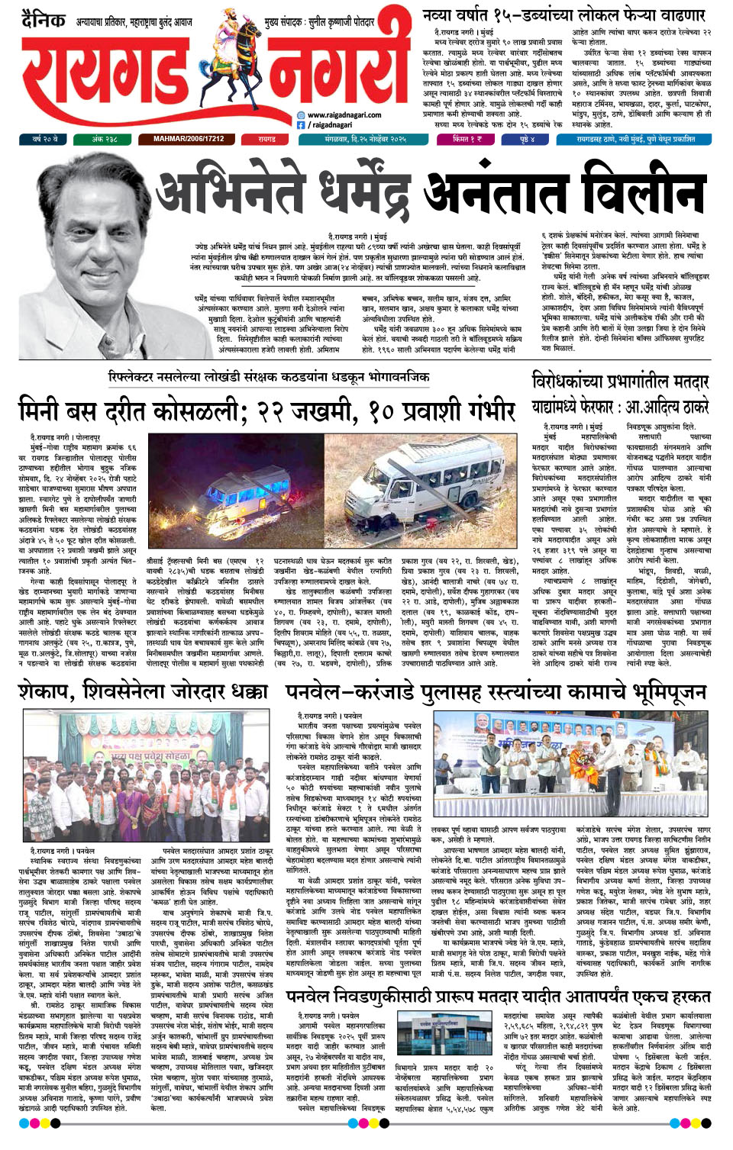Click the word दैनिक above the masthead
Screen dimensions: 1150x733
click(44, 19)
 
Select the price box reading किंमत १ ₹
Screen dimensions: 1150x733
click(467, 140)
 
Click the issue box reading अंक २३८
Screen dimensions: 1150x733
click(105, 140)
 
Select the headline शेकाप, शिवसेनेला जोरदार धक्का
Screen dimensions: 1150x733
click(143, 691)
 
